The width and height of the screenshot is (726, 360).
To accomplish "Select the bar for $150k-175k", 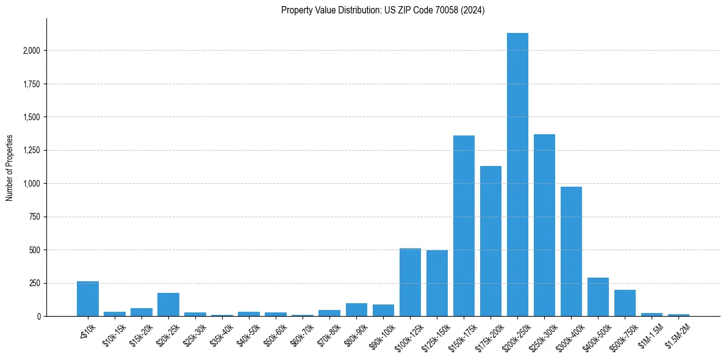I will tap(464, 226).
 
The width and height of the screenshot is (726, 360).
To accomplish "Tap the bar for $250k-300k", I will tap(544, 225).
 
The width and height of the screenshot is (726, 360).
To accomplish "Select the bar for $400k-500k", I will tap(598, 297).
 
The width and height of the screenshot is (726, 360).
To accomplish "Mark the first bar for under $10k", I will tap(88, 299).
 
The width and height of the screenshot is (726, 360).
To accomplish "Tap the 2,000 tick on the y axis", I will tap(31, 51).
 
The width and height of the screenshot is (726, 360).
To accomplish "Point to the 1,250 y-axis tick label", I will tap(31, 150).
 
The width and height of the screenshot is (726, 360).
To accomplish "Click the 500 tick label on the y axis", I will tap(35, 250).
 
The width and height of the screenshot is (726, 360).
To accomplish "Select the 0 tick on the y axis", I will tap(38, 317).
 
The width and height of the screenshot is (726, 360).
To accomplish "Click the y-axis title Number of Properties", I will tap(10, 168).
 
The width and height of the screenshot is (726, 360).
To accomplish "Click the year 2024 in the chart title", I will tap(473, 10).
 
